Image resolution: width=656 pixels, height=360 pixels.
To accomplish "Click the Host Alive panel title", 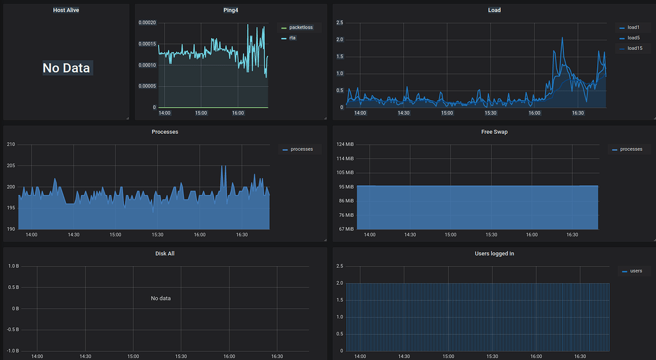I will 66,10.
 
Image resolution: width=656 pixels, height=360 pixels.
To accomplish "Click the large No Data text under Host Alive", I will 67,68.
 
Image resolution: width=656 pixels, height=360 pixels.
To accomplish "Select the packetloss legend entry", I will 301,27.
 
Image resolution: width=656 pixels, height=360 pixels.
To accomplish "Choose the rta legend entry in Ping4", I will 293,38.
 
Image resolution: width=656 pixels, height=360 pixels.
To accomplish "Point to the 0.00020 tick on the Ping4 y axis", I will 147,23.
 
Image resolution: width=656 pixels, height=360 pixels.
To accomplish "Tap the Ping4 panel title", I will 231,10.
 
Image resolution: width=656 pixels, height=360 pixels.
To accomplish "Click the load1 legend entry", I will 633,27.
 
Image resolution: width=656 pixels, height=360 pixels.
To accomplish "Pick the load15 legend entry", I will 634,48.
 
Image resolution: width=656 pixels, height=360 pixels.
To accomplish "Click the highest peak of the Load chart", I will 562,37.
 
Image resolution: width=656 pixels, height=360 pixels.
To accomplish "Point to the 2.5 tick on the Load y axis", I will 339,23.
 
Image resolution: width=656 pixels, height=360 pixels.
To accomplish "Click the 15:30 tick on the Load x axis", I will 491,113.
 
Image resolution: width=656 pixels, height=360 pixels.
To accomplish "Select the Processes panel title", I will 165,132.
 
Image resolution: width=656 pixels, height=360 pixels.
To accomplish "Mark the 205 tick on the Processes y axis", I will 11,166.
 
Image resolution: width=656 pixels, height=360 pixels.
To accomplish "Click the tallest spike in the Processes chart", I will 222,166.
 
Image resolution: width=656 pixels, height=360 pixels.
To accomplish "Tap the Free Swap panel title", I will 494,132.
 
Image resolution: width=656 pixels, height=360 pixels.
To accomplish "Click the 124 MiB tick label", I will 345,145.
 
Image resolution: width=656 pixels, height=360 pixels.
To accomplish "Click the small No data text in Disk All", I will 160,298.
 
